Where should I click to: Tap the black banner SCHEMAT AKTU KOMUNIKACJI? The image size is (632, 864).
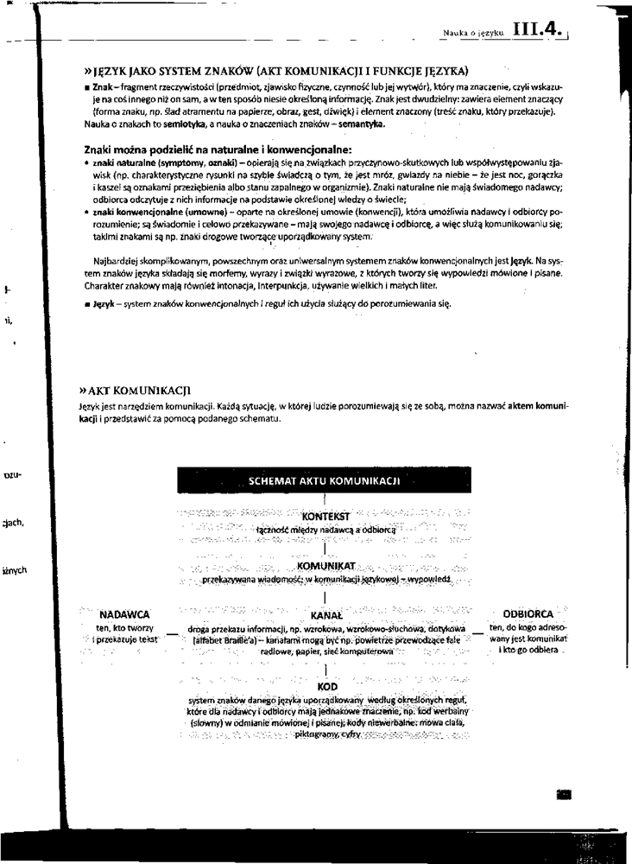(323, 479)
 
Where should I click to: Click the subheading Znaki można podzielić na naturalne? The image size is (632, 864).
(200, 149)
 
